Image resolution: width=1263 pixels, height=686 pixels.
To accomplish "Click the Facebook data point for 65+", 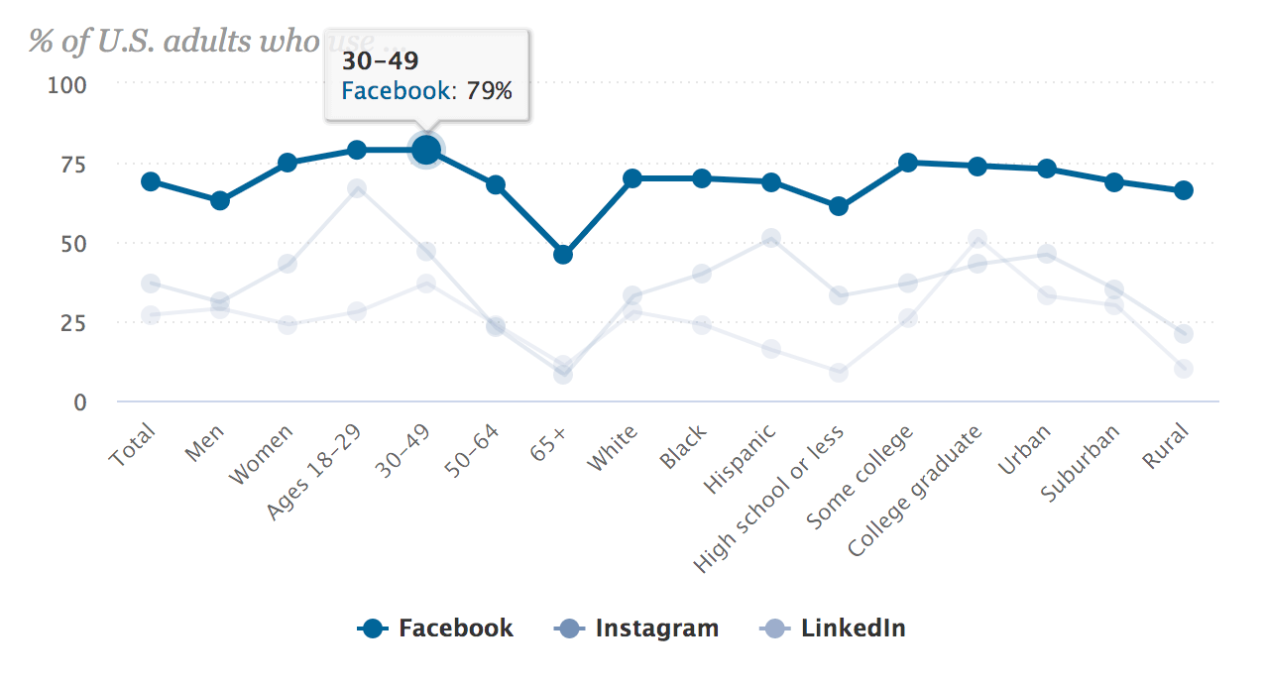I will (x=563, y=255).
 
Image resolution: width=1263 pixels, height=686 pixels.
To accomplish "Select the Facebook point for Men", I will (x=219, y=201).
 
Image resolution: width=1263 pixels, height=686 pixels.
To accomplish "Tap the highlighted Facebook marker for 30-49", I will (x=426, y=150).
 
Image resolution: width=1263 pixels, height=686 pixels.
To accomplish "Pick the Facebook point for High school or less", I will (x=839, y=206).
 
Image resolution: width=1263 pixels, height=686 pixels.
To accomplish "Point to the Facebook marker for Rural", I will (x=1183, y=190).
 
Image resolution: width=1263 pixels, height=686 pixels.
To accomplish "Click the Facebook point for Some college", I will (x=907, y=163).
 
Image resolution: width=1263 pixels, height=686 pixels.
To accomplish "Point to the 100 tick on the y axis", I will (x=68, y=84).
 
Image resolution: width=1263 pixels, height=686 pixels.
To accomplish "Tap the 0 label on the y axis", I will (x=80, y=402).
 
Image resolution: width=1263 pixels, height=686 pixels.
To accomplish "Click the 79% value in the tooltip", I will (x=489, y=92).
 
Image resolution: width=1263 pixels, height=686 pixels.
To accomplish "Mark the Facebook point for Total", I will (x=151, y=181).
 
